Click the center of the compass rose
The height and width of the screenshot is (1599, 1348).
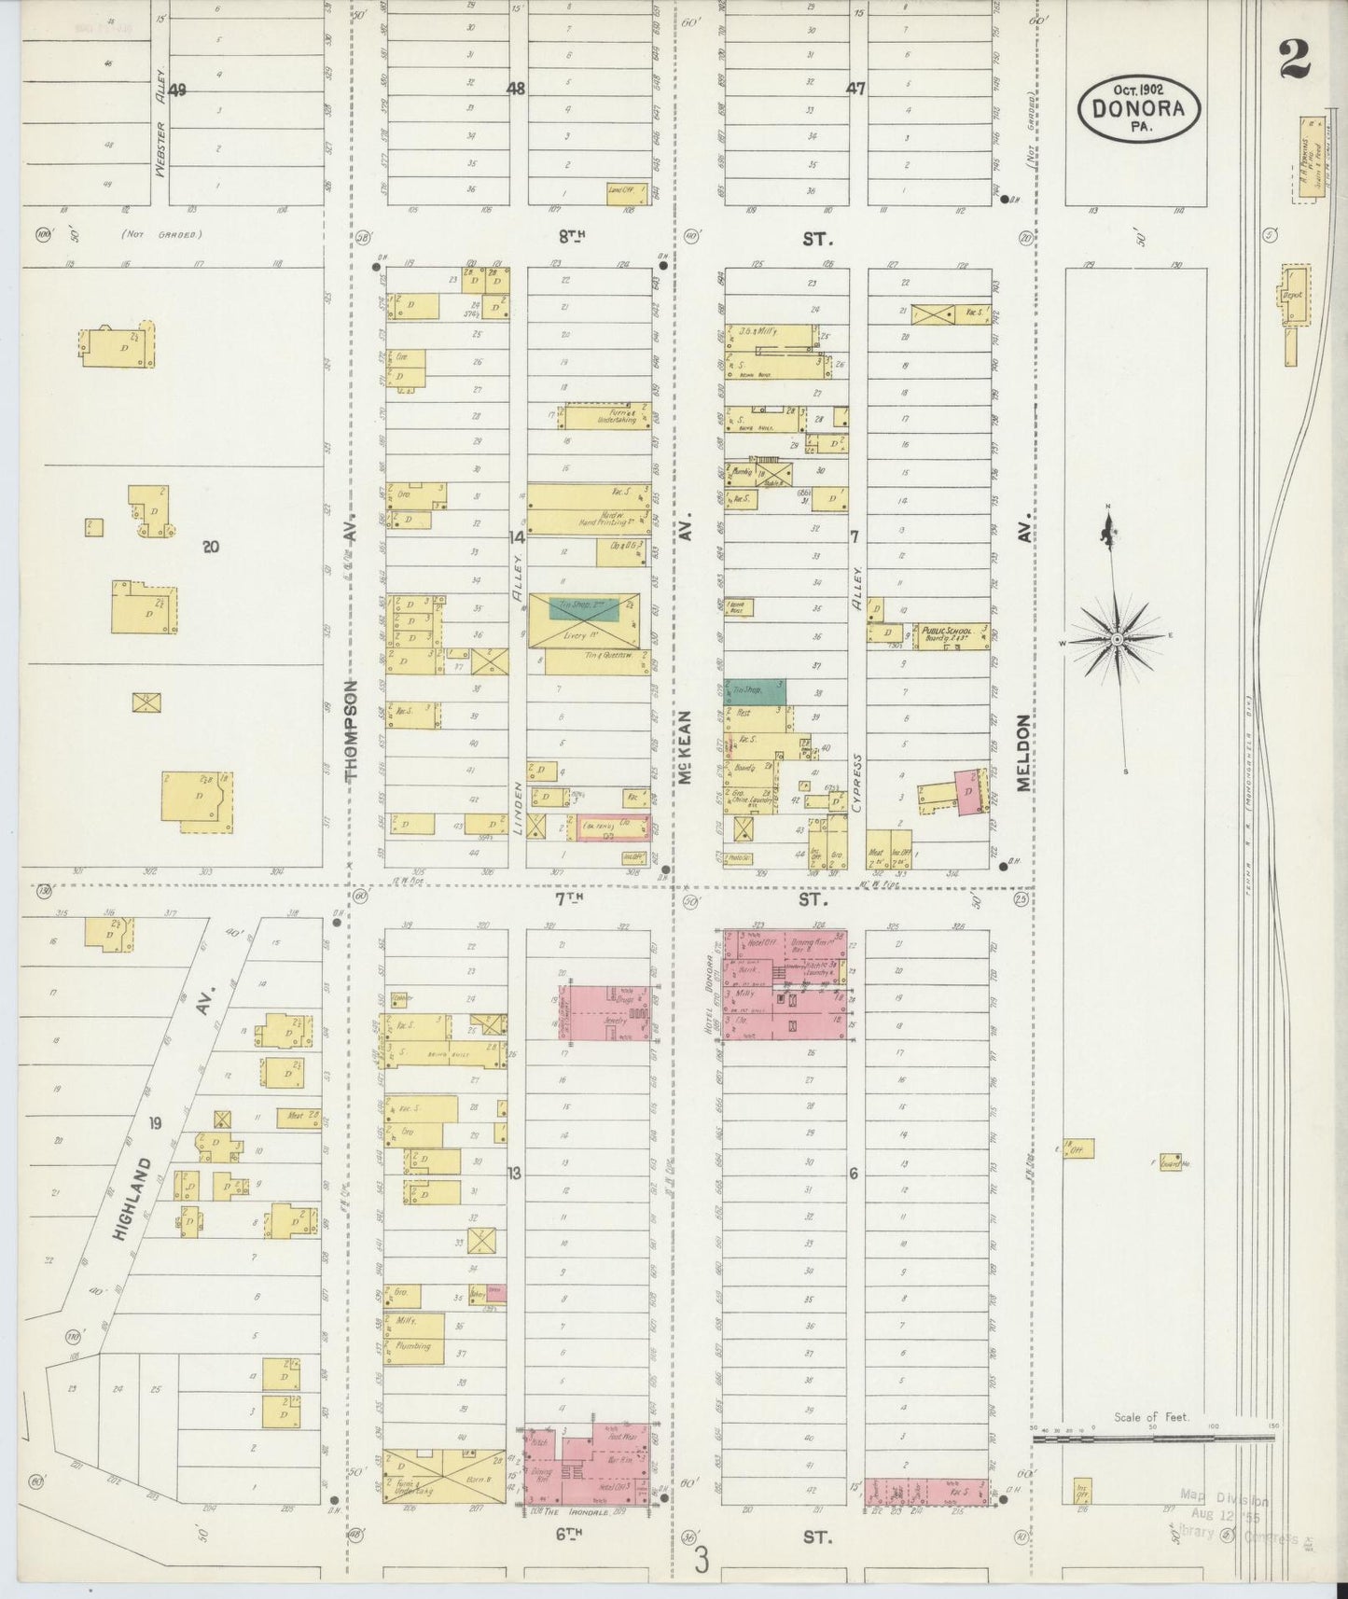[x=1117, y=639]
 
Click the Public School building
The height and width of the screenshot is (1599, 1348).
[x=951, y=636]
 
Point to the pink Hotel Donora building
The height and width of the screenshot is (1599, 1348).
[x=785, y=985]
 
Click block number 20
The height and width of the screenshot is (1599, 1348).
[x=211, y=547]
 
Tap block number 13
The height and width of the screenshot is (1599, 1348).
[x=514, y=1174]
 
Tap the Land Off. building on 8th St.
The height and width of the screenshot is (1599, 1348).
[x=620, y=191]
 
